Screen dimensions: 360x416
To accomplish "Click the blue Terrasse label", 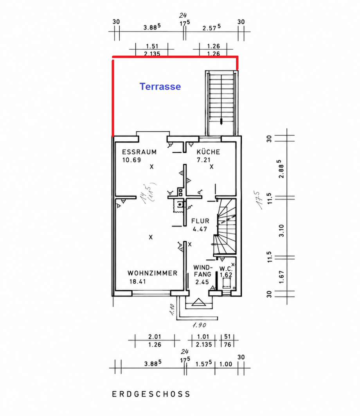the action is pyautogui.click(x=160, y=87).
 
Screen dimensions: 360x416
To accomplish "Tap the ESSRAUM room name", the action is pyautogui.click(x=139, y=152).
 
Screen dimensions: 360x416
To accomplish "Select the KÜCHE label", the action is pyautogui.click(x=208, y=152).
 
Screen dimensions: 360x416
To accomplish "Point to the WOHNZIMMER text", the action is pyautogui.click(x=153, y=273).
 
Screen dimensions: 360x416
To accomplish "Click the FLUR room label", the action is pyautogui.click(x=200, y=221).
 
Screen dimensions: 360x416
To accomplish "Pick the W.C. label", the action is pyautogui.click(x=226, y=269).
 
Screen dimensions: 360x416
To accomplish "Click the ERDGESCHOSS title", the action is pyautogui.click(x=151, y=394).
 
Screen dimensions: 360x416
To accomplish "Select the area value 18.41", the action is pyautogui.click(x=138, y=282).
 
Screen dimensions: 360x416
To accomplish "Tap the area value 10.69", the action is pyautogui.click(x=131, y=160).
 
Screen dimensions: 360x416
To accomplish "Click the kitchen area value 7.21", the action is pyautogui.click(x=203, y=160).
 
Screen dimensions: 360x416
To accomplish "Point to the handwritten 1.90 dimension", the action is pyautogui.click(x=199, y=325).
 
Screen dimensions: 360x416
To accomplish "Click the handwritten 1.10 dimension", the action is pyautogui.click(x=172, y=309).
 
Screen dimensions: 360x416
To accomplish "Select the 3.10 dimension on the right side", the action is pyautogui.click(x=281, y=231).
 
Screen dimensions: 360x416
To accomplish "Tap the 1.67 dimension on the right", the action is pyautogui.click(x=281, y=277).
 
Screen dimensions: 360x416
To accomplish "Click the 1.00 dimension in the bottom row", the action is pyautogui.click(x=226, y=364).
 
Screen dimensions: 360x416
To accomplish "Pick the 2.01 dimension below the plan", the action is pyautogui.click(x=155, y=336).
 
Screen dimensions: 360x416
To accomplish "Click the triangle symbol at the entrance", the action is pyautogui.click(x=198, y=302).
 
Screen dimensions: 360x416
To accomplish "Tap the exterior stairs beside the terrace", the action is pyautogui.click(x=221, y=103).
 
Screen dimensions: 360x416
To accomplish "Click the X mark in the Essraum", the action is pyautogui.click(x=152, y=166).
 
